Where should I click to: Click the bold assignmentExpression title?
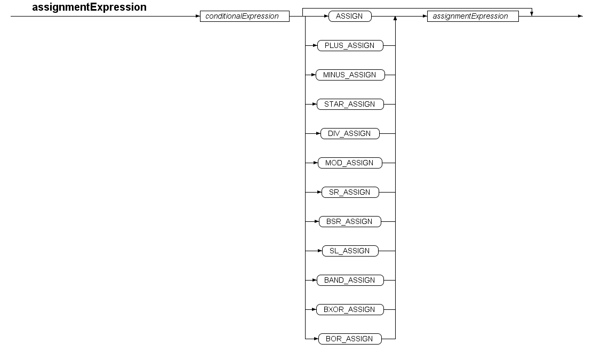pos(89,7)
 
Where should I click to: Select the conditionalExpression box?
pos(245,16)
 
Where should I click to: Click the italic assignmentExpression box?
pos(472,16)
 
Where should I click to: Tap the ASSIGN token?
pos(350,16)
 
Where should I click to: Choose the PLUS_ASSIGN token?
pos(350,45)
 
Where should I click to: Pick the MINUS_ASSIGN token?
pos(350,75)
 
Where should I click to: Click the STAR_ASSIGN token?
pos(350,104)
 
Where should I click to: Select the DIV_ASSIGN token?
pos(350,133)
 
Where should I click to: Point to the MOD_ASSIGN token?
pos(350,163)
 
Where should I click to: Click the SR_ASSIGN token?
pos(350,192)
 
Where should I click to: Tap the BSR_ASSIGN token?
pos(350,221)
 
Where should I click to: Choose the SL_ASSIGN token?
pos(350,251)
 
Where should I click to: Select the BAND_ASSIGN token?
pos(350,280)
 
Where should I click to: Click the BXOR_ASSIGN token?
pos(350,309)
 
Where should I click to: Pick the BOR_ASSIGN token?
pos(350,339)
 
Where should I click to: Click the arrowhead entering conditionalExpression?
pos(198,16)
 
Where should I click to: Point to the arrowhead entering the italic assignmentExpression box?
pos(424,16)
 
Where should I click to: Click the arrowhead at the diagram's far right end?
pos(581,16)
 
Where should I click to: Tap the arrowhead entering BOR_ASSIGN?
pos(316,339)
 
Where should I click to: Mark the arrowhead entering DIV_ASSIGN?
pos(318,133)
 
